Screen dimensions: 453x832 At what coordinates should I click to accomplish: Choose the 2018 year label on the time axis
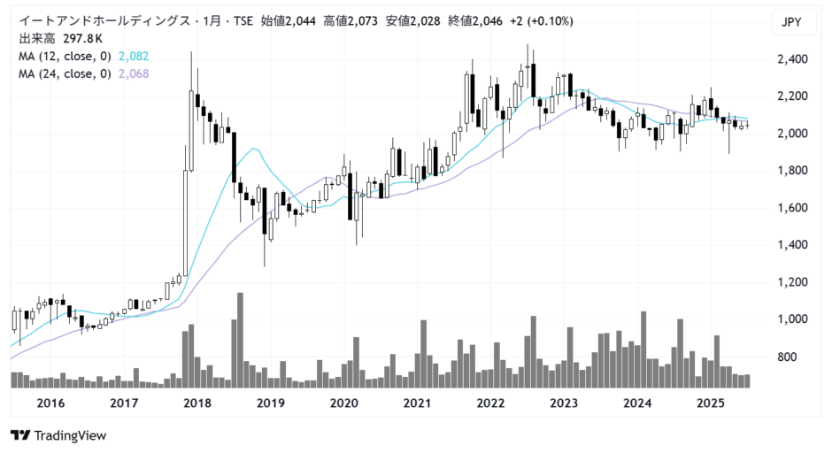[x=196, y=403]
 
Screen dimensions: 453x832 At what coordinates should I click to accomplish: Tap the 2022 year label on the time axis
[x=490, y=403]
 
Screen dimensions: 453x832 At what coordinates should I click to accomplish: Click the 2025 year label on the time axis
[x=711, y=403]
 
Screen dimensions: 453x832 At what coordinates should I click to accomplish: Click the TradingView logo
[x=58, y=435]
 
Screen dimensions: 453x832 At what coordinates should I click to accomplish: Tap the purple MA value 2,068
[x=134, y=73]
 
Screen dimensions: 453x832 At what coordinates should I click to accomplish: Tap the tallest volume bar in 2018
[x=240, y=340]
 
